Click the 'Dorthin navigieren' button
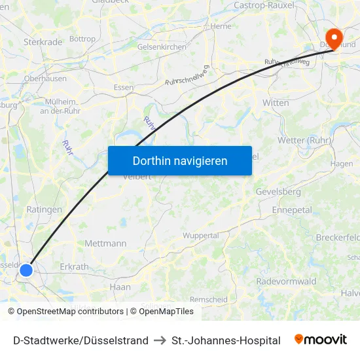[179, 160]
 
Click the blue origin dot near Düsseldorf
[26, 270]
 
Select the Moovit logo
[321, 340]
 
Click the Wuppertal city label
[200, 236]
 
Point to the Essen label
[123, 87]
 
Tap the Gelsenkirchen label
[162, 47]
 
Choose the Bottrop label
[82, 39]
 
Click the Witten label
[275, 103]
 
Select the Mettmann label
[105, 243]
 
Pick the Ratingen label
[45, 209]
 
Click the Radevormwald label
[286, 281]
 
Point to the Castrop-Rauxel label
[262, 5]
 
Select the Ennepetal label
[292, 209]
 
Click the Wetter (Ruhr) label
[304, 140]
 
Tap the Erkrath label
[74, 267]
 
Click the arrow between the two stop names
[160, 340]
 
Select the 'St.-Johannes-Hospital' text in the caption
[226, 340]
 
